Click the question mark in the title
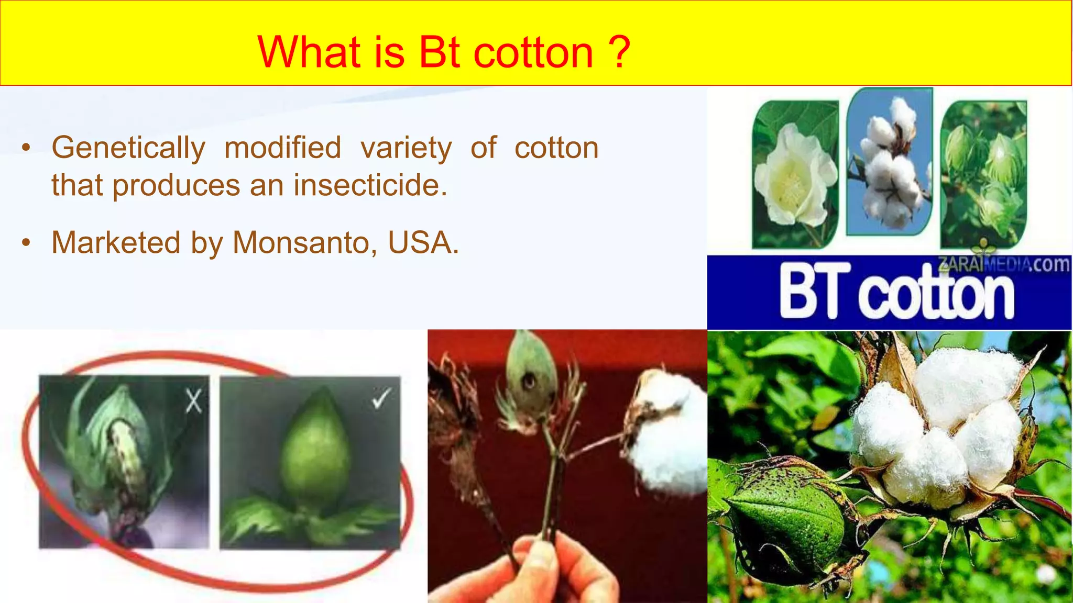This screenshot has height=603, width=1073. pyautogui.click(x=619, y=52)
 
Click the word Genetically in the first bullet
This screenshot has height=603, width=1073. pyautogui.click(x=128, y=148)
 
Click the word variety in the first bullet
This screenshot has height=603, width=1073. pyautogui.click(x=406, y=148)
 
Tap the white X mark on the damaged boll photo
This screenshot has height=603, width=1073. pyautogui.click(x=194, y=402)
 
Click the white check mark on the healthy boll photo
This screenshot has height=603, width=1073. pyautogui.click(x=381, y=399)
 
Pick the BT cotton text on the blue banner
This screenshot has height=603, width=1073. pyautogui.click(x=896, y=293)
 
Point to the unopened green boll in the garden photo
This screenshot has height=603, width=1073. pyautogui.click(x=786, y=518)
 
